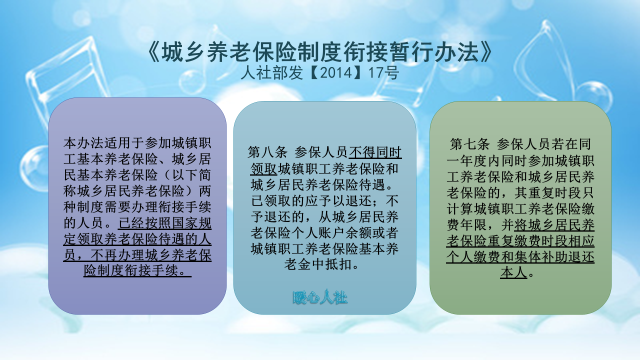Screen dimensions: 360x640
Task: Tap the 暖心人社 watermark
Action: pyautogui.click(x=320, y=298)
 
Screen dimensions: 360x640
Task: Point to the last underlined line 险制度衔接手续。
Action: pyautogui.click(x=137, y=270)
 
